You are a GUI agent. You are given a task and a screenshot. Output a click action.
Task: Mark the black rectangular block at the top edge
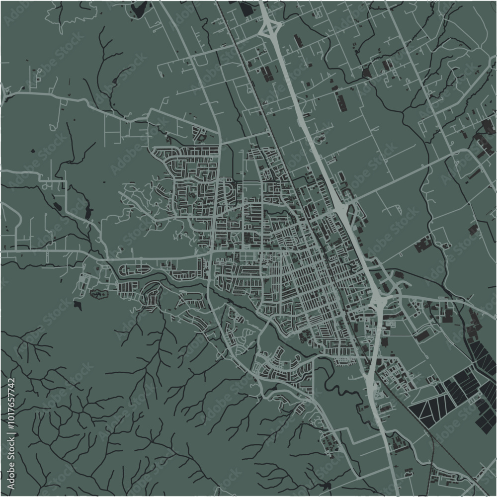[x=247, y=7]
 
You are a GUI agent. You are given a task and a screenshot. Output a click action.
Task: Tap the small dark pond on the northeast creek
[x=367, y=73]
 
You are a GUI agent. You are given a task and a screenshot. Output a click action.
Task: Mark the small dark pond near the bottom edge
[x=326, y=484]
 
